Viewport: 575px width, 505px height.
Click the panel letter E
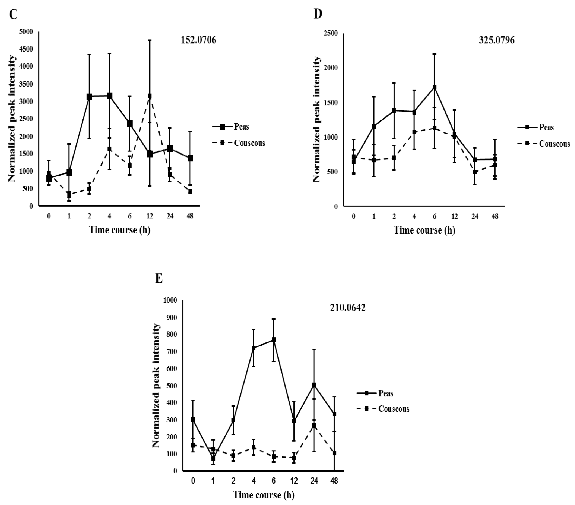(x=159, y=279)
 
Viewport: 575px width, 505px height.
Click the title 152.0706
(x=198, y=40)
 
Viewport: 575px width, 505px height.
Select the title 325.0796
(x=497, y=40)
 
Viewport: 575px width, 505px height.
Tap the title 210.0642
(x=348, y=308)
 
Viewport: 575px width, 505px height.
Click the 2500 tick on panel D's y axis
(x=332, y=33)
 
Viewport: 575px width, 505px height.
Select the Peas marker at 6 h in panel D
(x=434, y=87)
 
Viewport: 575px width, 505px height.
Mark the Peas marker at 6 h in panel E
(x=273, y=340)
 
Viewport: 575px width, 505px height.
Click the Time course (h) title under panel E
(x=264, y=495)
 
